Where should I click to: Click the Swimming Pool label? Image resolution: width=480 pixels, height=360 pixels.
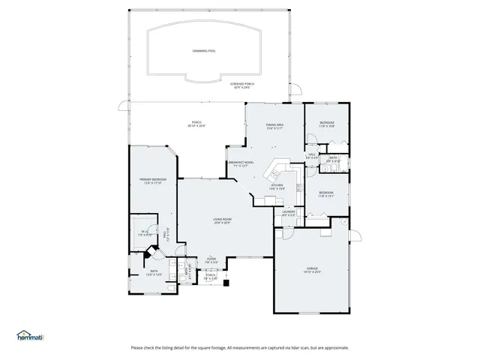click(203, 51)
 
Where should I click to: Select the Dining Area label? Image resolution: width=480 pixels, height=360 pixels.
click(274, 126)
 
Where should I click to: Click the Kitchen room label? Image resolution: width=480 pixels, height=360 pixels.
click(277, 187)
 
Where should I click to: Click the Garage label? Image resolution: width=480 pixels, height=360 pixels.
click(312, 269)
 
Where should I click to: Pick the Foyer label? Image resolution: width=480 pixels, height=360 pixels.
click(212, 260)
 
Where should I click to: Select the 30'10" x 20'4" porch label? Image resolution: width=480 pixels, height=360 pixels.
click(196, 124)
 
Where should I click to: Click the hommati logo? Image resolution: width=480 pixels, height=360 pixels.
click(29, 335)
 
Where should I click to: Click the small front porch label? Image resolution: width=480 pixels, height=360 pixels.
click(211, 276)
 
